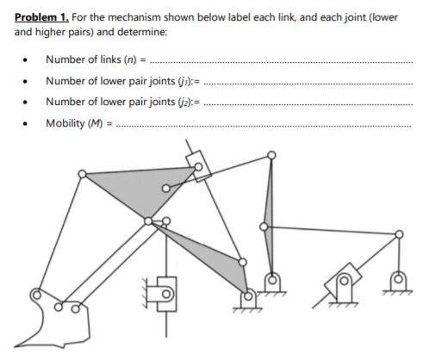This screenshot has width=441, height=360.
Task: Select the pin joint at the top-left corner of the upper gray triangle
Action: [82, 174]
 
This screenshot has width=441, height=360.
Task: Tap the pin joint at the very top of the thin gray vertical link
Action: [271, 156]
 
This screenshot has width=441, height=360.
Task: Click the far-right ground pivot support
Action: [397, 280]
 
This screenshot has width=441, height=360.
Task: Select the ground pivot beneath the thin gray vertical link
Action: [271, 280]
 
